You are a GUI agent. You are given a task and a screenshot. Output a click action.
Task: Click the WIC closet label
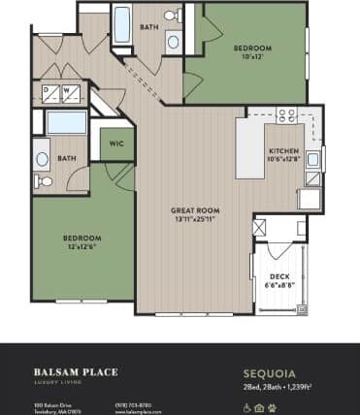pyautogui.click(x=115, y=144)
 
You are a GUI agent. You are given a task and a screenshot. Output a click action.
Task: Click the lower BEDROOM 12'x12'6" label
pyautogui.click(x=82, y=238)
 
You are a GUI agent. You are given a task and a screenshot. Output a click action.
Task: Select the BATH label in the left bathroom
pyautogui.click(x=66, y=158)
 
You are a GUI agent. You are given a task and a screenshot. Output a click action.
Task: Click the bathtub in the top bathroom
pyautogui.click(x=122, y=26)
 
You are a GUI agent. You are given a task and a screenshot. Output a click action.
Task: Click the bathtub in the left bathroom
pyautogui.click(x=66, y=122)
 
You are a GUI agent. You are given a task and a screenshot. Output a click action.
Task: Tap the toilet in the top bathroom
pyautogui.click(x=171, y=16)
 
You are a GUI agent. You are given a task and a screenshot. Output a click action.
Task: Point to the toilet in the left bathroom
pyautogui.click(x=44, y=180)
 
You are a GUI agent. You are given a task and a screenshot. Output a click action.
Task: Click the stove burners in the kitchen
pyautogui.click(x=286, y=115)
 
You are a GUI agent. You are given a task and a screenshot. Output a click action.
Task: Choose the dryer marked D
pyautogui.click(x=47, y=91)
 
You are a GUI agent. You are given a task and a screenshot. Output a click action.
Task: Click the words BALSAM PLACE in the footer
pyautogui.click(x=71, y=369)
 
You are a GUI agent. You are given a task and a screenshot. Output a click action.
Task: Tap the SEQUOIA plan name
pyautogui.click(x=268, y=369)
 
